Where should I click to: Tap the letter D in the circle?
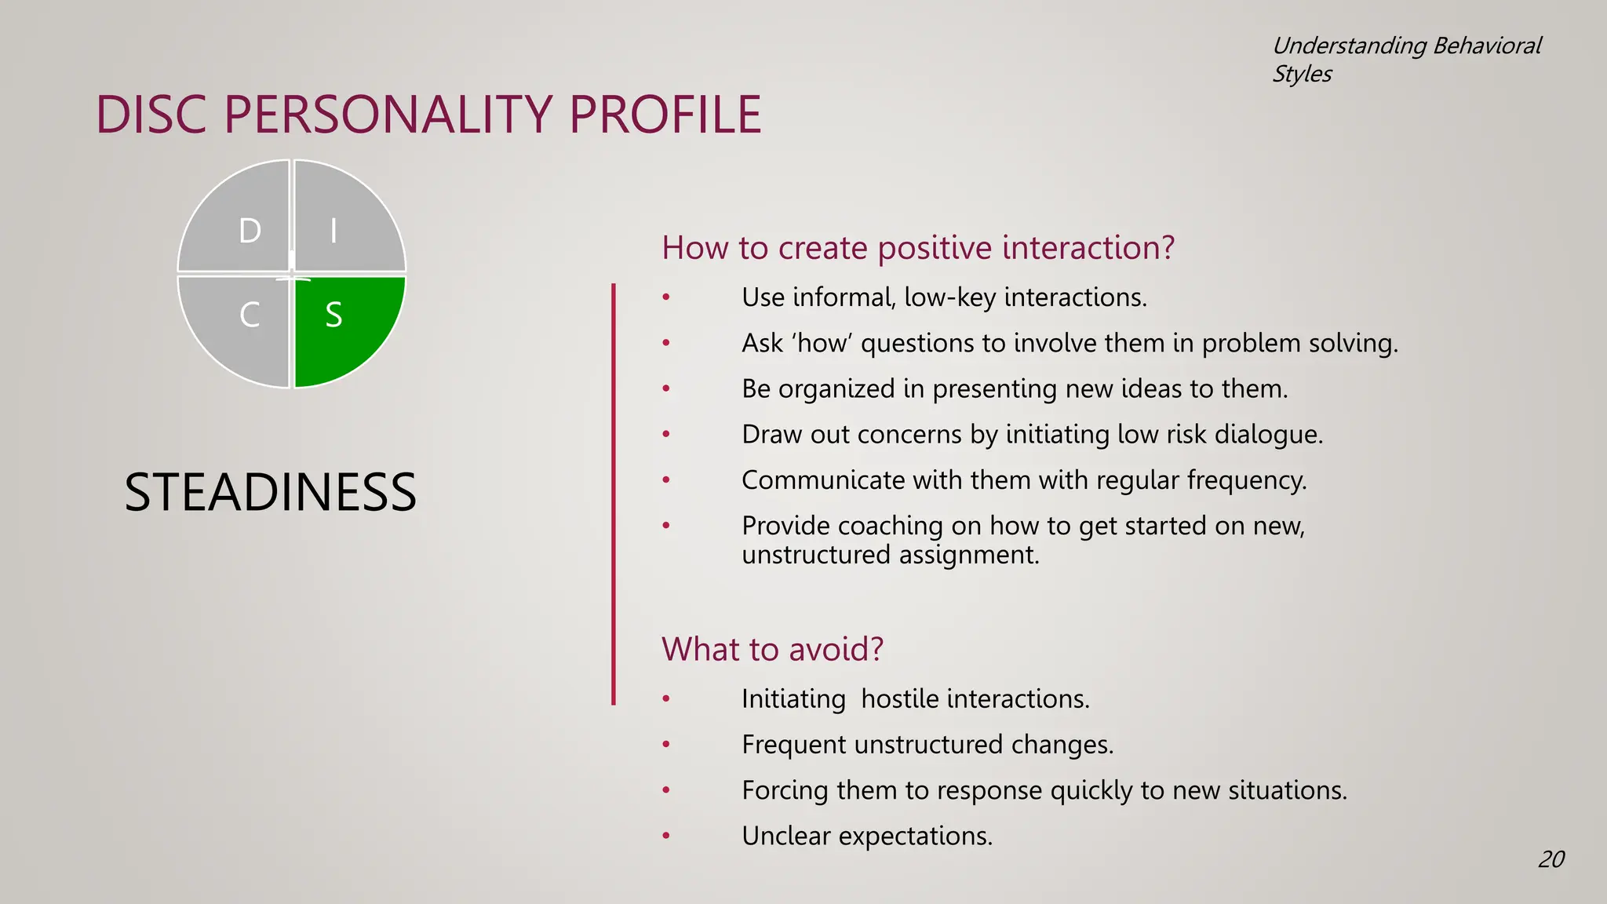(x=250, y=231)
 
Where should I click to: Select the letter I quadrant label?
(x=333, y=231)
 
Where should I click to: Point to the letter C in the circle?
(x=250, y=315)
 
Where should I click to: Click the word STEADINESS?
(x=270, y=493)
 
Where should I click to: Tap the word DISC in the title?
(x=152, y=115)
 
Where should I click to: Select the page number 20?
(x=1551, y=859)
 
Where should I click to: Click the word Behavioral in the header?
(x=1486, y=46)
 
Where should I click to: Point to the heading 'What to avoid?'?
(x=772, y=650)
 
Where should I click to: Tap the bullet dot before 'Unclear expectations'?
(x=666, y=836)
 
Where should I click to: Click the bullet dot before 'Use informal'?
(x=666, y=297)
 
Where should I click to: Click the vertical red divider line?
(x=614, y=494)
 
